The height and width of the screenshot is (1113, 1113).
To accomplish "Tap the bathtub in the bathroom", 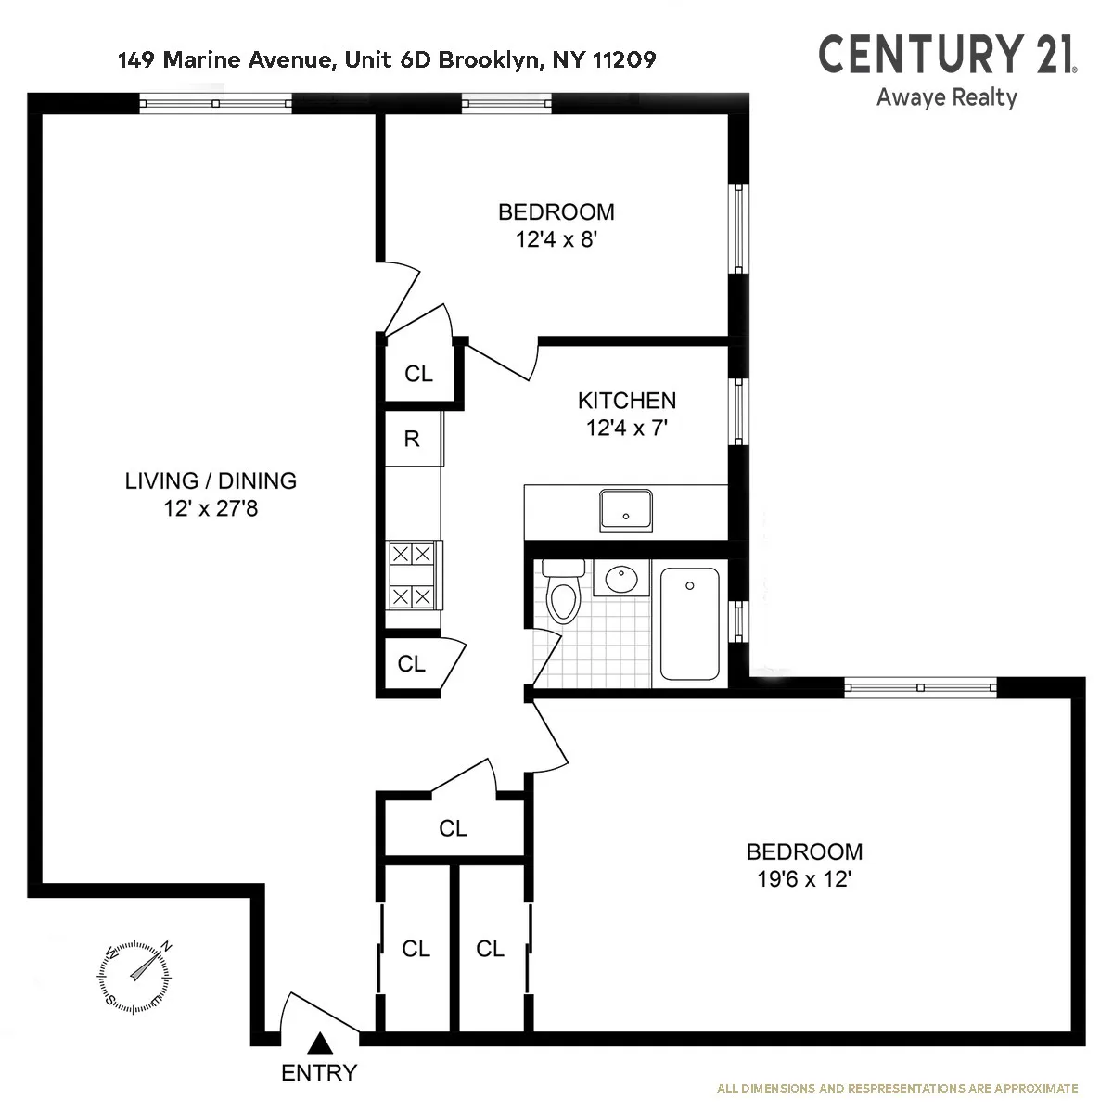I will [x=689, y=623].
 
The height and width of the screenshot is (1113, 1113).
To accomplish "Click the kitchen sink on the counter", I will [x=626, y=509].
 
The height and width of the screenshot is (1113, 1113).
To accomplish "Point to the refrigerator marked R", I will [x=412, y=439].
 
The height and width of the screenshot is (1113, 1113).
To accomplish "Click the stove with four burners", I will [x=412, y=575].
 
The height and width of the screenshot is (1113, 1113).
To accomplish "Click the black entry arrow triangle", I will [x=319, y=1043].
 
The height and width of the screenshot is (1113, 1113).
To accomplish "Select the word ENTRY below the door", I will [x=318, y=1074].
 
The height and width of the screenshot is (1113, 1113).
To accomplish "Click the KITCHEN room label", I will [x=627, y=401].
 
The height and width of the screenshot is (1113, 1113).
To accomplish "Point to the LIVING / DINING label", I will [x=211, y=480].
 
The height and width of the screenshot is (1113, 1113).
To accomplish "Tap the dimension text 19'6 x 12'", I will [x=804, y=879].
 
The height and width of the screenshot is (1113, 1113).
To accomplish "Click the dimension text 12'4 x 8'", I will [x=556, y=239].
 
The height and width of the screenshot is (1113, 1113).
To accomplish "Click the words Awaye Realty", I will [x=946, y=97].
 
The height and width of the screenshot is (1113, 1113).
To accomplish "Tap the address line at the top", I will [x=387, y=60].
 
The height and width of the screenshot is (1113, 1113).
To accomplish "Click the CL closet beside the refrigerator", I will [x=418, y=374].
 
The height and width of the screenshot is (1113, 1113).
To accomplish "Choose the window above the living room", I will [x=215, y=103].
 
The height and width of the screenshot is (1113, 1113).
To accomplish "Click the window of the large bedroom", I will [x=920, y=688].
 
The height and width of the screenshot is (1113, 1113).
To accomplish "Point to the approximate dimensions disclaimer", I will [x=897, y=1088].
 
